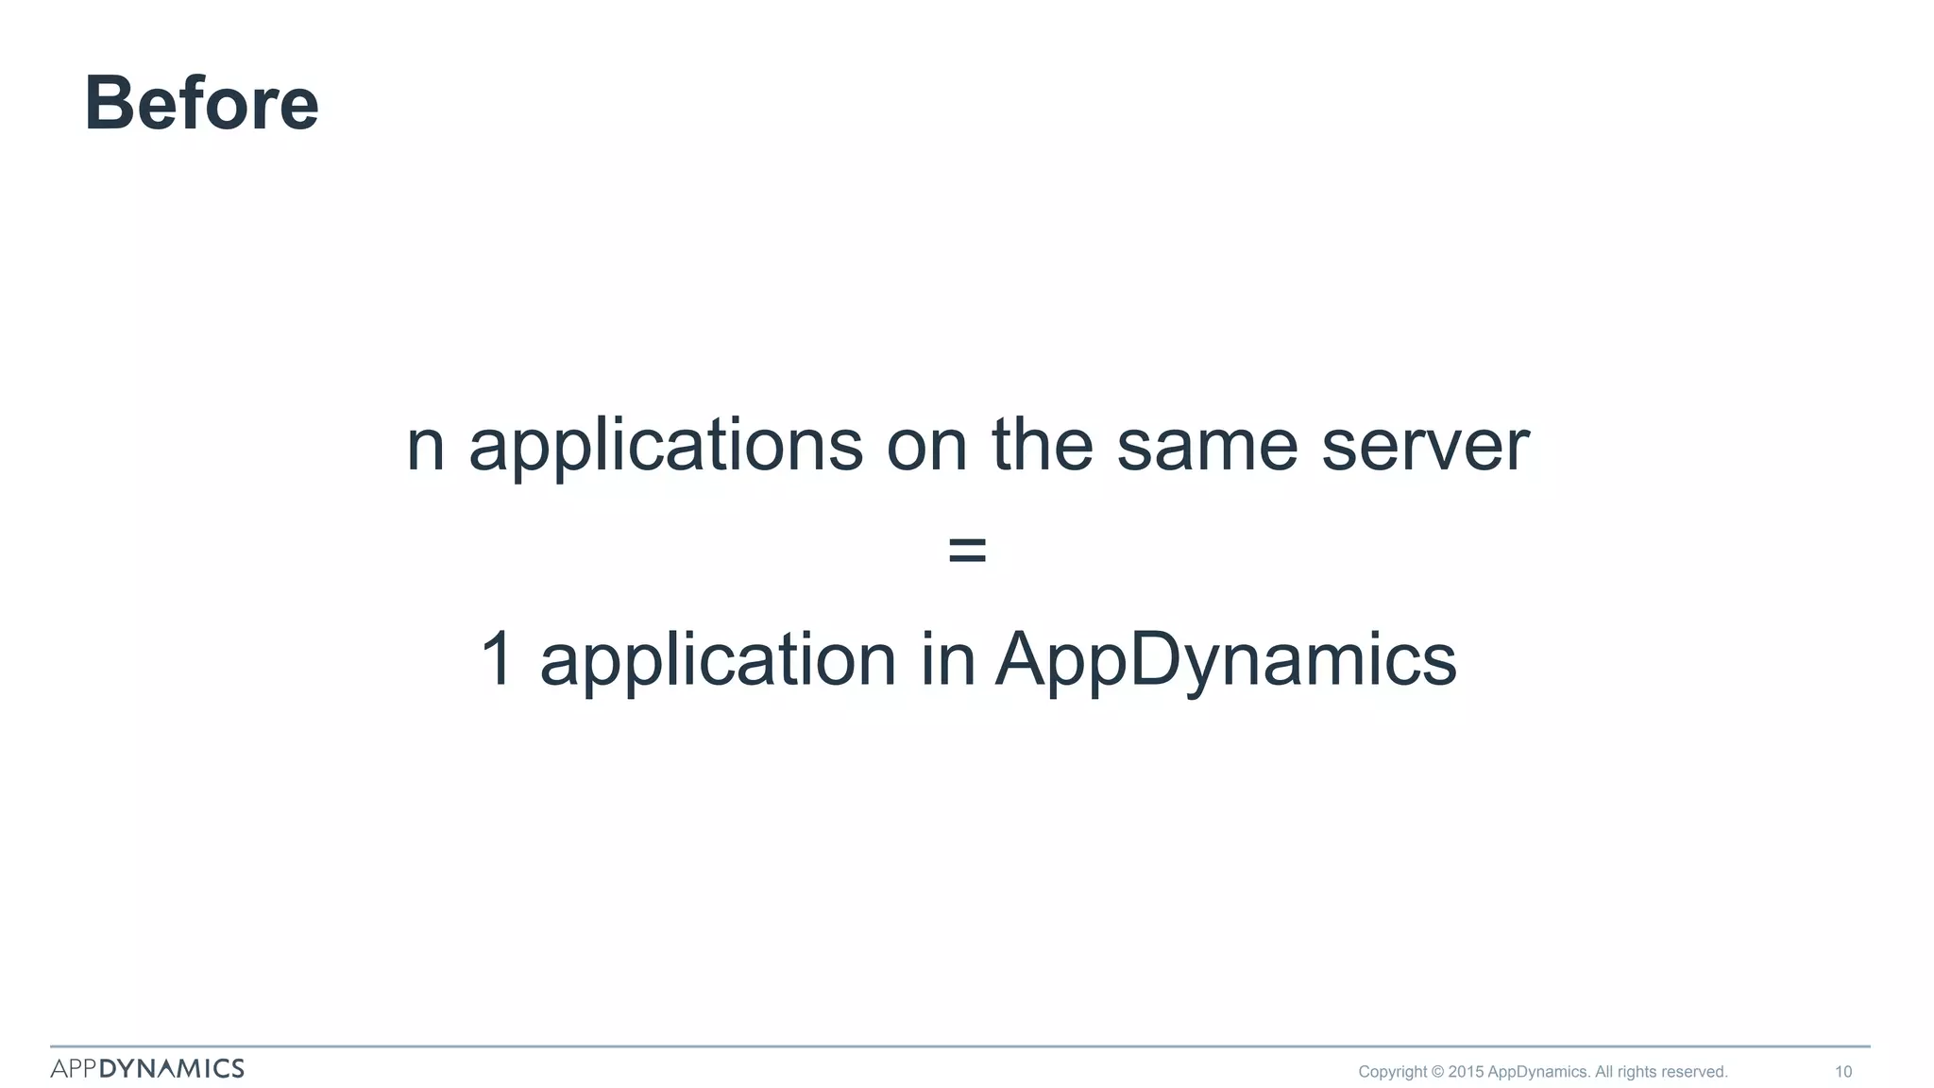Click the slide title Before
click(x=201, y=103)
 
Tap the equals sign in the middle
click(x=967, y=550)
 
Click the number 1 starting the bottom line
click(x=497, y=658)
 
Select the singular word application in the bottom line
click(x=718, y=660)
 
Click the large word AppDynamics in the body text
click(x=1226, y=660)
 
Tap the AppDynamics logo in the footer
click(x=147, y=1068)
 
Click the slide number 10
click(x=1842, y=1072)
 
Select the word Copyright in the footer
click(x=1392, y=1072)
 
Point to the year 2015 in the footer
click(x=1466, y=1072)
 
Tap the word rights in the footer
click(x=1637, y=1072)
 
